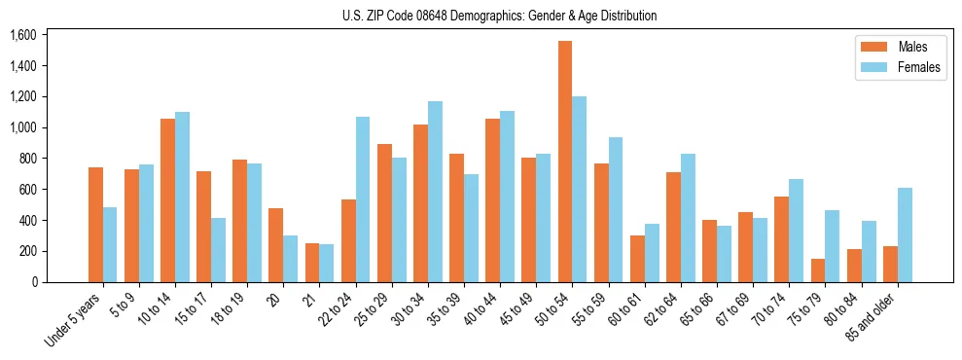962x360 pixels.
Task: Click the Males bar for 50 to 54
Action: tap(565, 162)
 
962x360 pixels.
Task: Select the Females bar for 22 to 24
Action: tap(363, 199)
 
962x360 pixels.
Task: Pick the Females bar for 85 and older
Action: tap(905, 234)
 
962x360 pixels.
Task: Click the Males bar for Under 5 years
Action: tap(95, 225)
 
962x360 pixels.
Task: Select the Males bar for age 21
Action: tap(312, 263)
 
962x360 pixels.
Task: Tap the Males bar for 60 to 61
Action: tap(637, 259)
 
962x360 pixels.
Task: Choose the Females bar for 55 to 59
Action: tap(616, 209)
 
